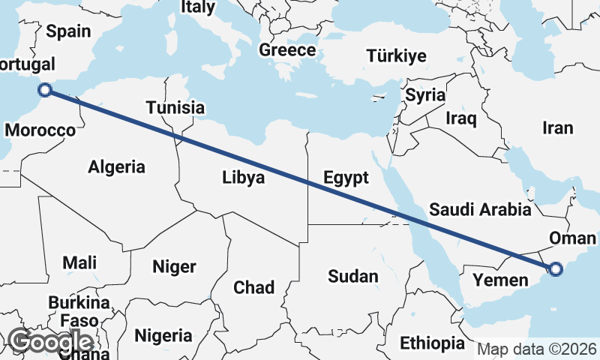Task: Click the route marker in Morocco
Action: [45, 90]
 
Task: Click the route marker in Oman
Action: [555, 268]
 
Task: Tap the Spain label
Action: [68, 31]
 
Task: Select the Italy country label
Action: [198, 7]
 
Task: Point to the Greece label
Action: [287, 50]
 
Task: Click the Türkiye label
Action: [396, 55]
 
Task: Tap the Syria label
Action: [425, 95]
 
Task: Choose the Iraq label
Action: [460, 118]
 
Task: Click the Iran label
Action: [559, 127]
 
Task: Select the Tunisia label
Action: [175, 107]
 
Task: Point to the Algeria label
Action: [116, 166]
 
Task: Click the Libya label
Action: [243, 178]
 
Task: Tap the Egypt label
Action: [346, 178]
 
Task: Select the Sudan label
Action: [353, 276]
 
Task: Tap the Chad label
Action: [254, 287]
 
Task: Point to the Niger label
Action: [174, 266]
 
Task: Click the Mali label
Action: [80, 262]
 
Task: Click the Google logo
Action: [50, 341]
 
